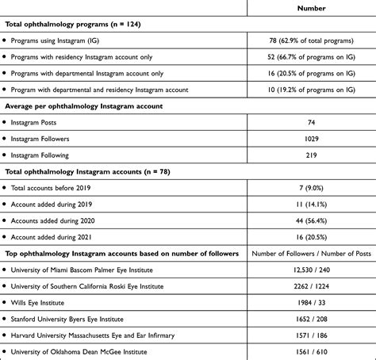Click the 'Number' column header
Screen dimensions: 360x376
[x=311, y=8]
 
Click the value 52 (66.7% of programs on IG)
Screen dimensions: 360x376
[x=311, y=57]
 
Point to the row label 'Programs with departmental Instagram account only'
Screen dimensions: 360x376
[x=106, y=74]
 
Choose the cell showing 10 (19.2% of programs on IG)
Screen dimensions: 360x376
[x=311, y=90]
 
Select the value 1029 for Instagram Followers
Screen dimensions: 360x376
[x=311, y=139]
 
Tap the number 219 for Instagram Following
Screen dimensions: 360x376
[x=311, y=155]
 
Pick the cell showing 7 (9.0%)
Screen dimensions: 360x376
[x=311, y=188]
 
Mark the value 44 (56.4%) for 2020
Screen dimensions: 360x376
[x=311, y=220]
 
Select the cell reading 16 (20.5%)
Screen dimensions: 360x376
[x=311, y=236]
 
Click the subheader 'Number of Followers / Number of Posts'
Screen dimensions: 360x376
[x=311, y=254]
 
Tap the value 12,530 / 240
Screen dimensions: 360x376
[x=311, y=270]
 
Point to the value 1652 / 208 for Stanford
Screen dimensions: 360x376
[x=311, y=318]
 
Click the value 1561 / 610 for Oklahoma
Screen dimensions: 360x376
[x=311, y=351]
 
